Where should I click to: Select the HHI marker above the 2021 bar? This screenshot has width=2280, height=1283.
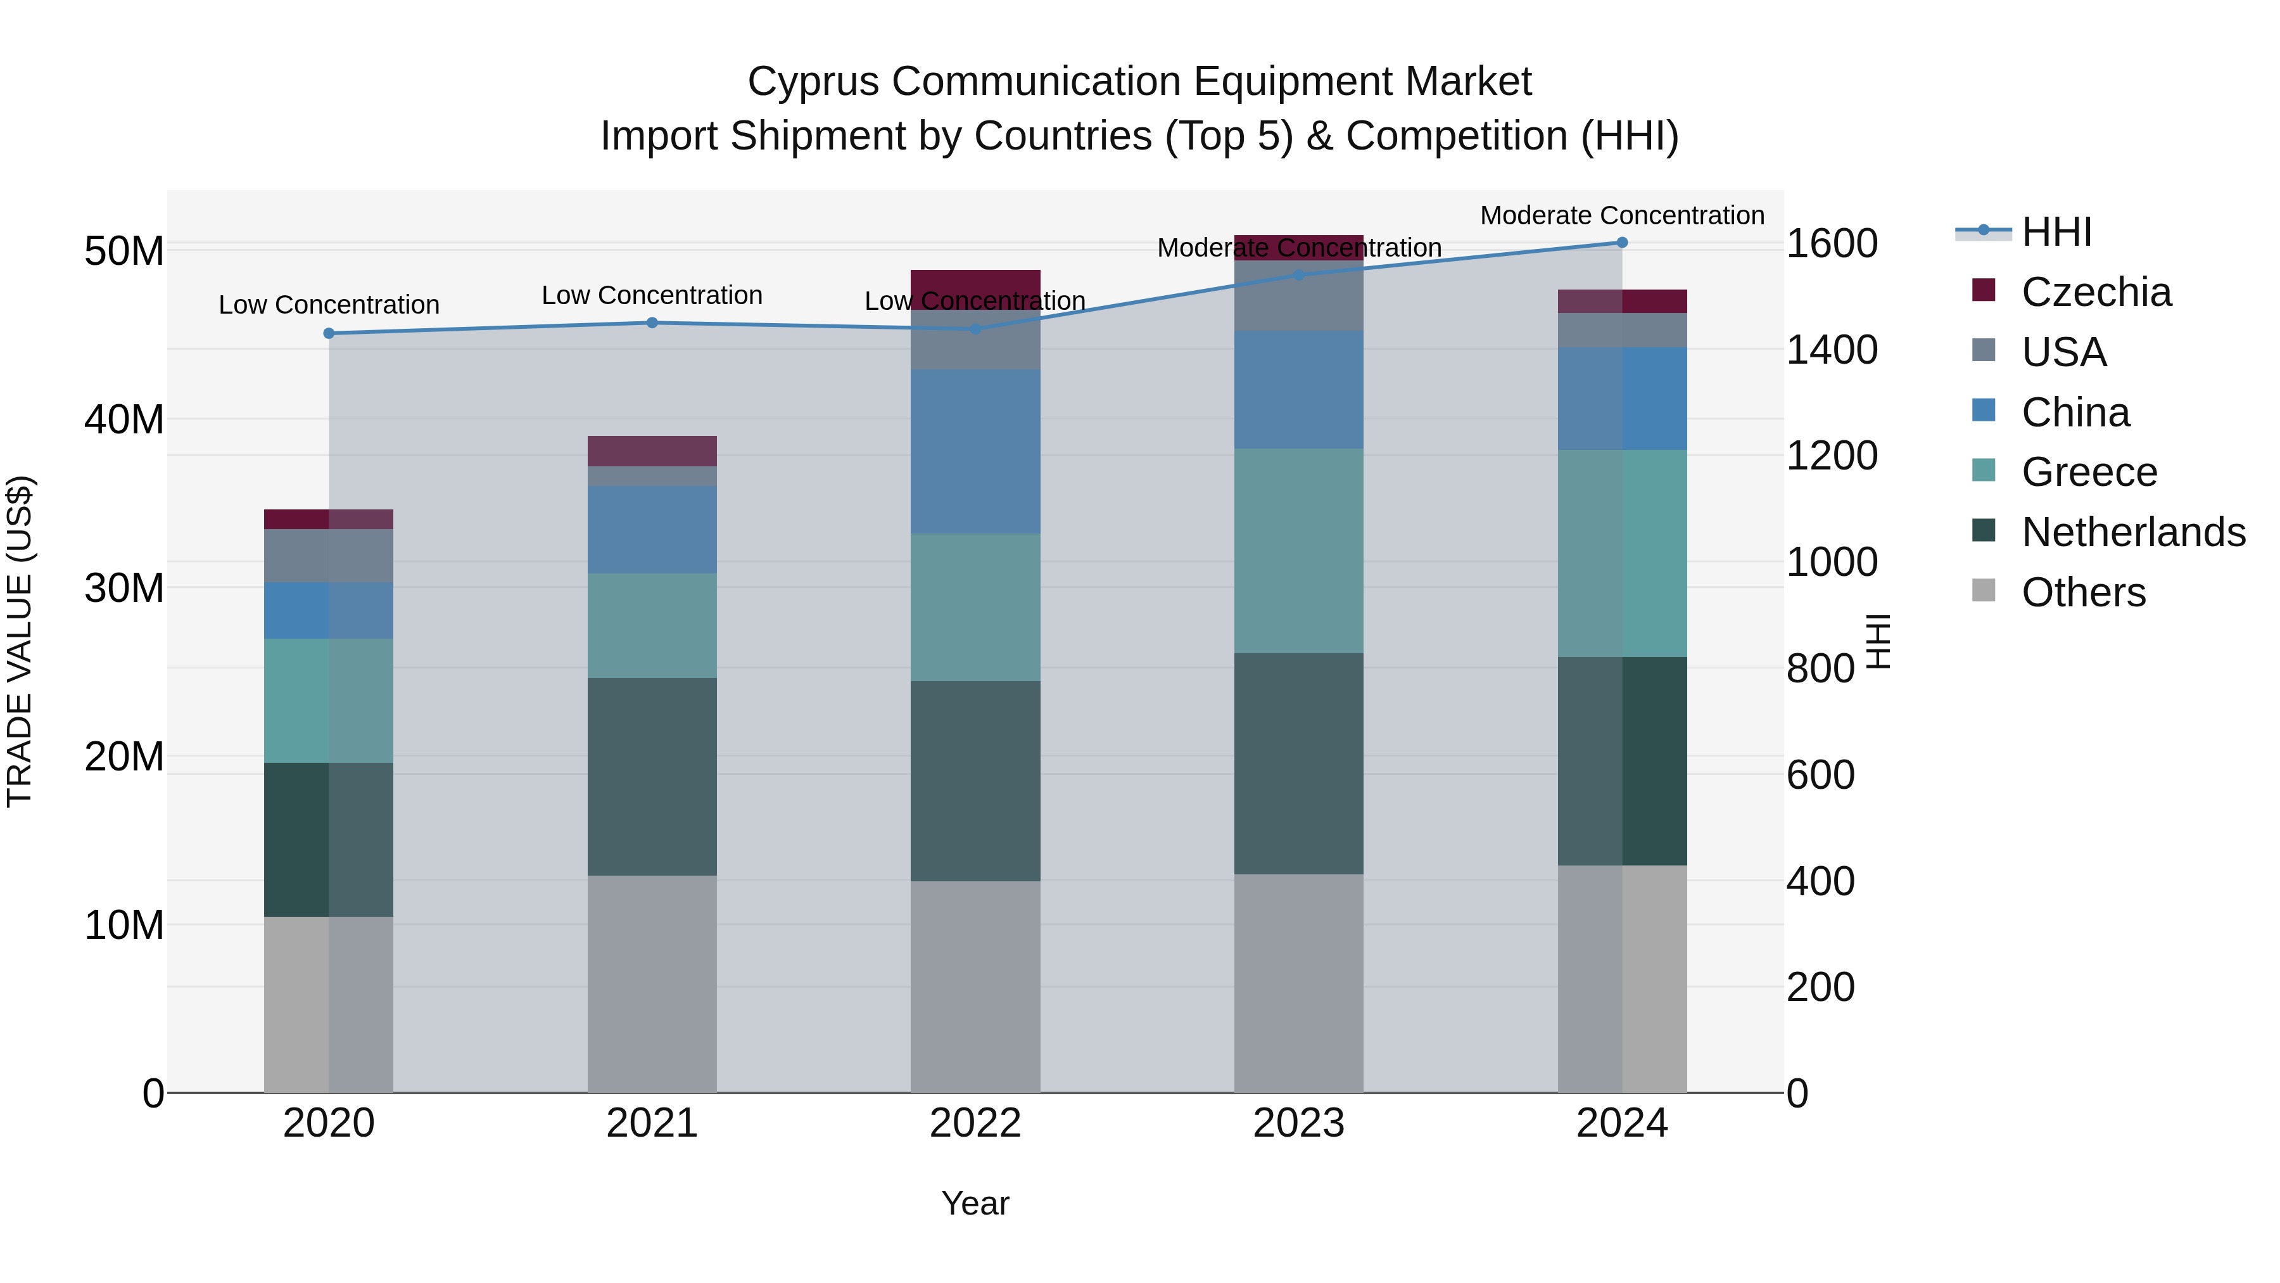(652, 323)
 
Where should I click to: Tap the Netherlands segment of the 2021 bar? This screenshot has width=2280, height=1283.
(652, 777)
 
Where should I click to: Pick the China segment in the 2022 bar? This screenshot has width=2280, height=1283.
(975, 452)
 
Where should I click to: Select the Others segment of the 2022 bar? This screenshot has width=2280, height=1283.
(975, 986)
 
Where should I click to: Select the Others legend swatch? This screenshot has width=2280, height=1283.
(1984, 590)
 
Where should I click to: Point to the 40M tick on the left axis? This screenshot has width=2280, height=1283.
(124, 419)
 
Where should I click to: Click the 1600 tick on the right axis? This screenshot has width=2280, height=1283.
(1831, 243)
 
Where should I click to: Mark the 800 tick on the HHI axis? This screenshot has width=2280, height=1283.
(1820, 668)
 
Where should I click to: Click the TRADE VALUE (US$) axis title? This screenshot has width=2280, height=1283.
(20, 641)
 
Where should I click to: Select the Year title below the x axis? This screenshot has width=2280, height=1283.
(975, 1203)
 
